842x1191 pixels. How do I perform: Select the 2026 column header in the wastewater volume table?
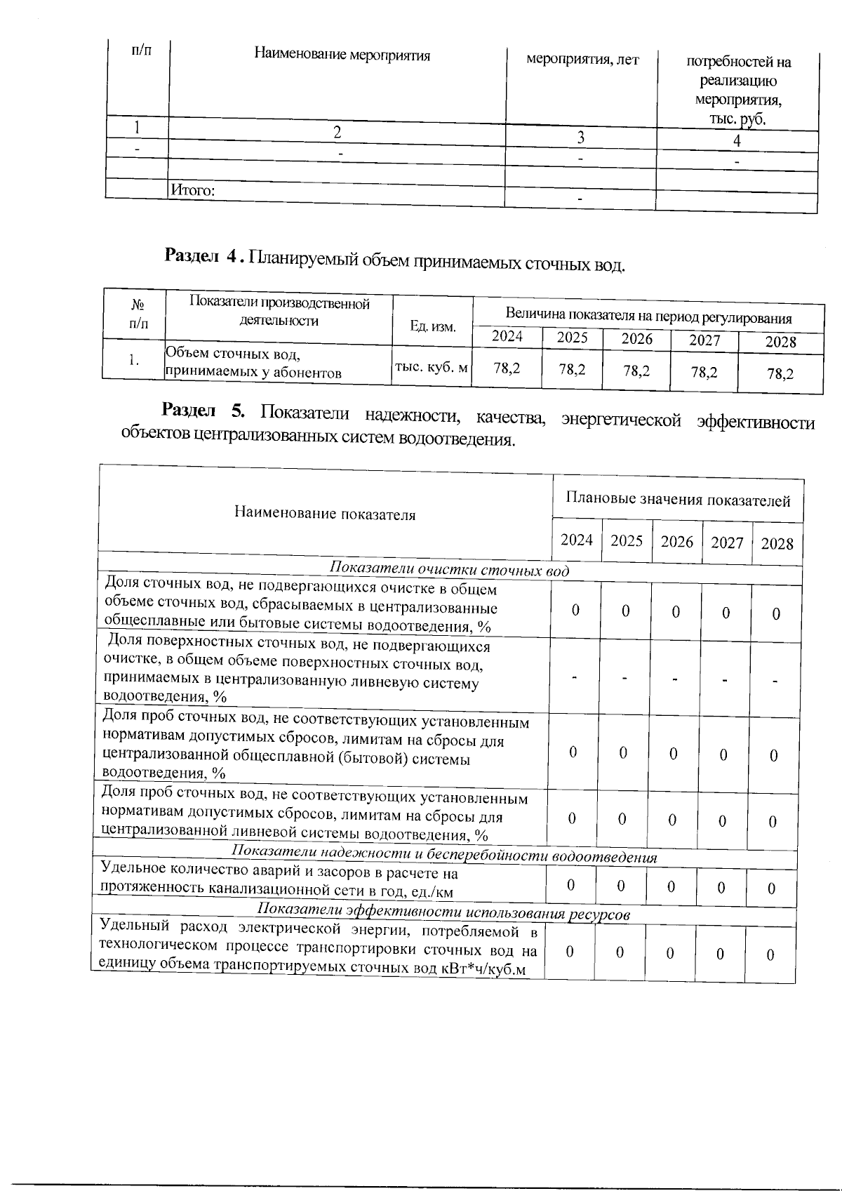click(x=636, y=339)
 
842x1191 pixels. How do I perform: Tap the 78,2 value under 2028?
click(x=780, y=374)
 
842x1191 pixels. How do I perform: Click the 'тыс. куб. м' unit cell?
click(x=432, y=366)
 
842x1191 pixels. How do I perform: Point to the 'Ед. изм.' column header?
click(x=433, y=327)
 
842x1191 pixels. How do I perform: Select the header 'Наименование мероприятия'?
click(x=342, y=55)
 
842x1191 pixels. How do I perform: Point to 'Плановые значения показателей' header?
click(x=678, y=500)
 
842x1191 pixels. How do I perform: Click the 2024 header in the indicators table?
click(x=577, y=540)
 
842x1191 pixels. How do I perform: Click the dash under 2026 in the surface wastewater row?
click(x=674, y=679)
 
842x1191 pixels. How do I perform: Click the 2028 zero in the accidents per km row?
click(x=771, y=889)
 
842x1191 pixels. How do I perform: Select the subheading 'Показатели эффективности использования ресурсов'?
click(x=443, y=913)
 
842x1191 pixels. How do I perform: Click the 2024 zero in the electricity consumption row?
click(x=570, y=952)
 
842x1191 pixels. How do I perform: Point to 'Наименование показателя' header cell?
click(x=325, y=514)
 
